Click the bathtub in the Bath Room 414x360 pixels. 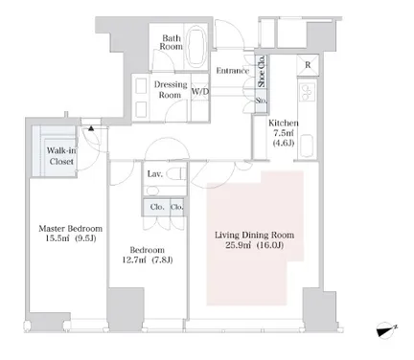[196, 46]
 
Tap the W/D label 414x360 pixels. [200, 92]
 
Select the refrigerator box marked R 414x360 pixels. [308, 65]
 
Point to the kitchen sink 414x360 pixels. [308, 146]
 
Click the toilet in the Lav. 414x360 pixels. [175, 174]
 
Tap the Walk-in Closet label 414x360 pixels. [61, 156]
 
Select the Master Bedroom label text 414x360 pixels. [71, 229]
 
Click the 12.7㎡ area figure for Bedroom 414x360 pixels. [134, 260]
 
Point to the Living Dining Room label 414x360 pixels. [254, 236]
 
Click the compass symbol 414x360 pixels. [386, 330]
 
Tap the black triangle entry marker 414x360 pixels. [91, 128]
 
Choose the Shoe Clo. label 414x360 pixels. [262, 71]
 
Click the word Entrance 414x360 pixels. [233, 71]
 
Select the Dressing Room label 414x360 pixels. [171, 90]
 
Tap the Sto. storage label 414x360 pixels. [261, 101]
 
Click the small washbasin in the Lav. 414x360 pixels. [152, 191]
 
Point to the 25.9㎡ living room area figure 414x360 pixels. [237, 246]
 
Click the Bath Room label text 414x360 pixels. [172, 42]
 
